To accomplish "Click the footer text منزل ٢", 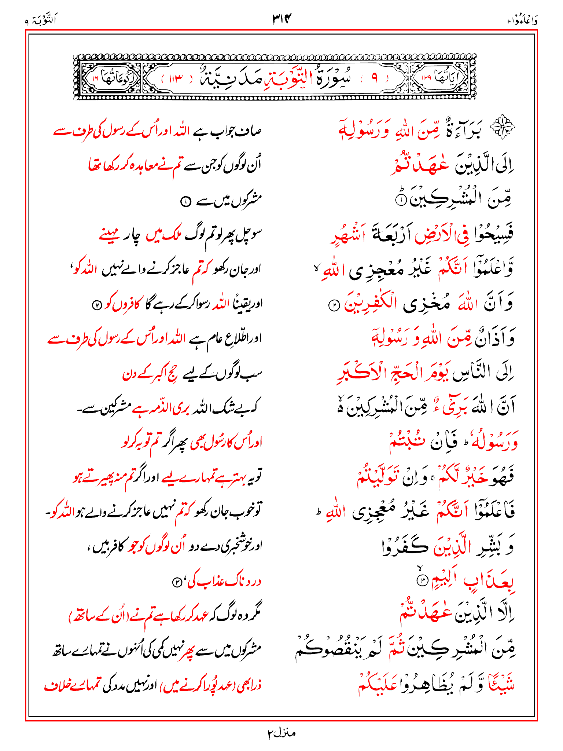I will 281,733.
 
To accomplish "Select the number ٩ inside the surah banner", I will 374,78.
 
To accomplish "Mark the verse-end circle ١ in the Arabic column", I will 401,200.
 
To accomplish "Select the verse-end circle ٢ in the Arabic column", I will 334,306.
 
